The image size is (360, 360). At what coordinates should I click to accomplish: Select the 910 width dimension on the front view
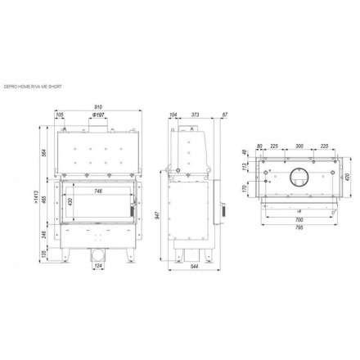97,108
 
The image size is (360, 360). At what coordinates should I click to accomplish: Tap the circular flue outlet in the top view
299,174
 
